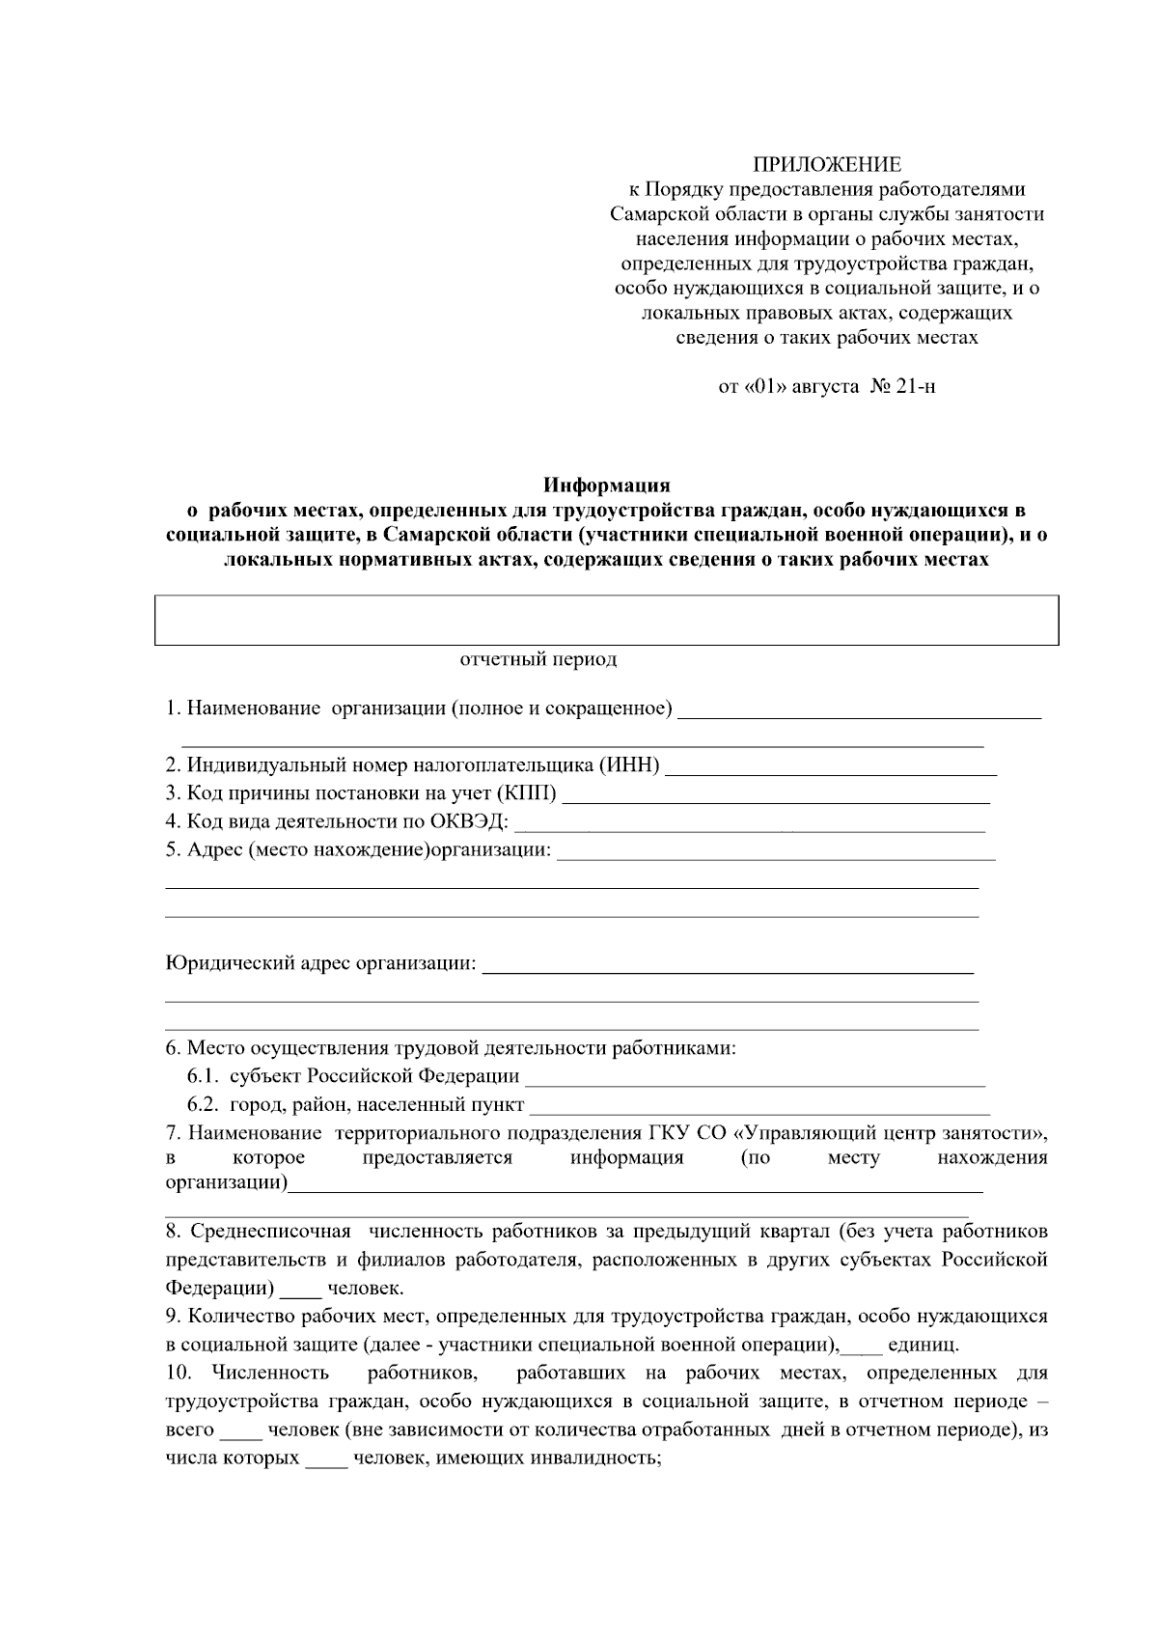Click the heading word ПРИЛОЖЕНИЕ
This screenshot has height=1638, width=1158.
pos(827,164)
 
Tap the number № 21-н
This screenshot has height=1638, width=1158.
pos(903,387)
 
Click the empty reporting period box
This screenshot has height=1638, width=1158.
pos(606,620)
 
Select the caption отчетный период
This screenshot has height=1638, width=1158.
pos(538,660)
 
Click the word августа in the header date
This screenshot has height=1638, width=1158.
pos(825,387)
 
